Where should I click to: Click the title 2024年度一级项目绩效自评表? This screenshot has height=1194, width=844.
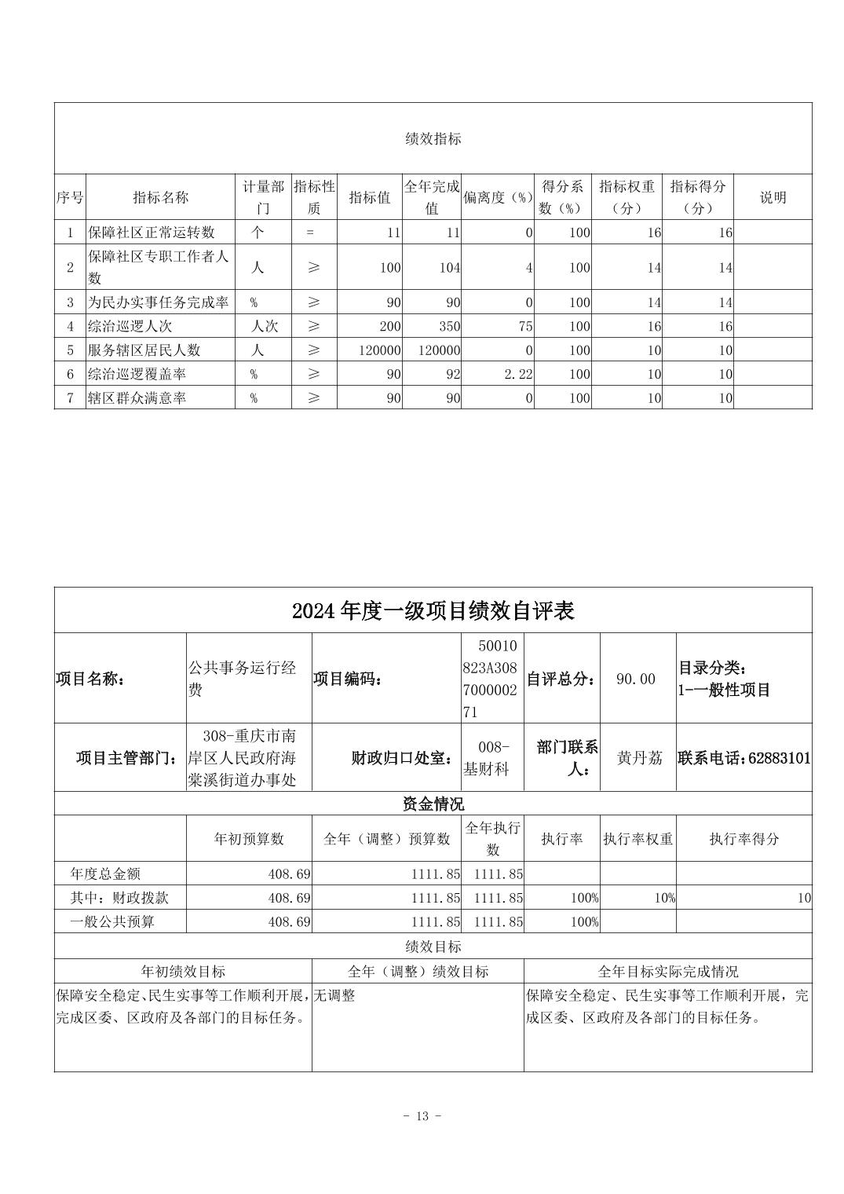point(433,610)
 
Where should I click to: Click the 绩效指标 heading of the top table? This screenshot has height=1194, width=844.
point(433,139)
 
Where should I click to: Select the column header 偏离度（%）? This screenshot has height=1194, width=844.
point(497,198)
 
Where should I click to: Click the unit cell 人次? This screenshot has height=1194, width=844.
point(264,326)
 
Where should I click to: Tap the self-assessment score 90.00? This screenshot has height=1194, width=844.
point(636,679)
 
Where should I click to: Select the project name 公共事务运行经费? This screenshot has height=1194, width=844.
point(241,679)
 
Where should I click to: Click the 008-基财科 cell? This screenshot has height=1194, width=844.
point(493,758)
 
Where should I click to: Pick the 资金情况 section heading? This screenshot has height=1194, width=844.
point(433,804)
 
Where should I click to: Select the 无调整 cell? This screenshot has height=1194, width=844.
point(334,995)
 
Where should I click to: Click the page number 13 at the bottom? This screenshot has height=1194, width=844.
point(422,1116)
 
